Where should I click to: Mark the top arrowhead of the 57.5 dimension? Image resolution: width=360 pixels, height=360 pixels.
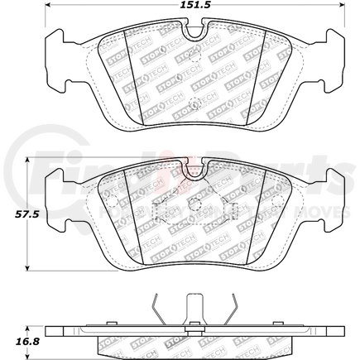31,161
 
